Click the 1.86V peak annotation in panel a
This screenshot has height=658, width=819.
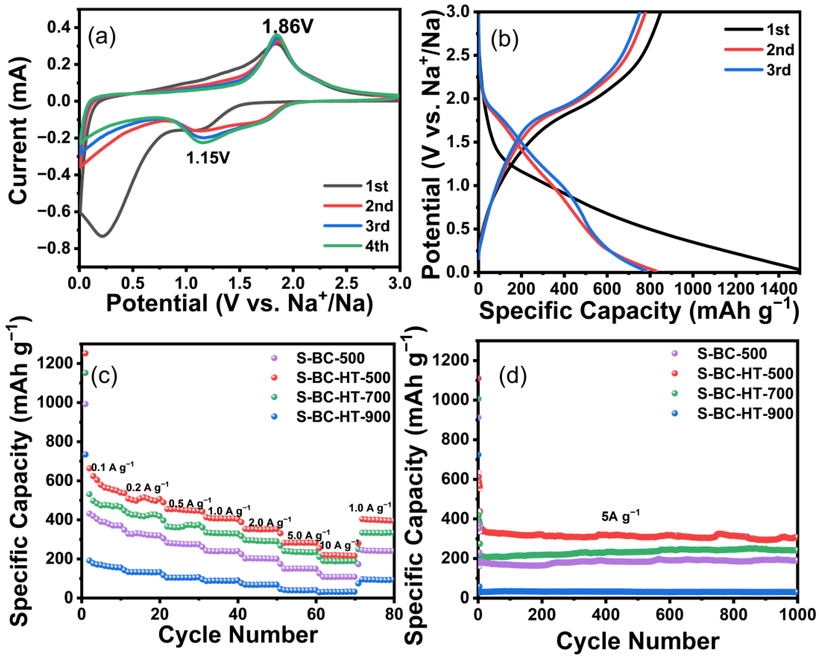tap(288, 27)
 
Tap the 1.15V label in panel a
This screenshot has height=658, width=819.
tap(208, 157)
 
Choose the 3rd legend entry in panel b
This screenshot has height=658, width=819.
tap(778, 70)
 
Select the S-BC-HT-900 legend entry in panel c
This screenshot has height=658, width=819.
tap(343, 417)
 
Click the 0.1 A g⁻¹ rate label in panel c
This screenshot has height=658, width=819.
tap(112, 467)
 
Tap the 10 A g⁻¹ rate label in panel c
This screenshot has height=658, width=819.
tap(339, 545)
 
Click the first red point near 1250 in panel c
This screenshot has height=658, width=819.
tap(85, 353)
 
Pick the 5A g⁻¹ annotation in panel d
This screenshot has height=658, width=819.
tap(620, 516)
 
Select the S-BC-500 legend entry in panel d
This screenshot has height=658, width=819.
tap(732, 354)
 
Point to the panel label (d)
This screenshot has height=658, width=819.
tap(513, 375)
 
